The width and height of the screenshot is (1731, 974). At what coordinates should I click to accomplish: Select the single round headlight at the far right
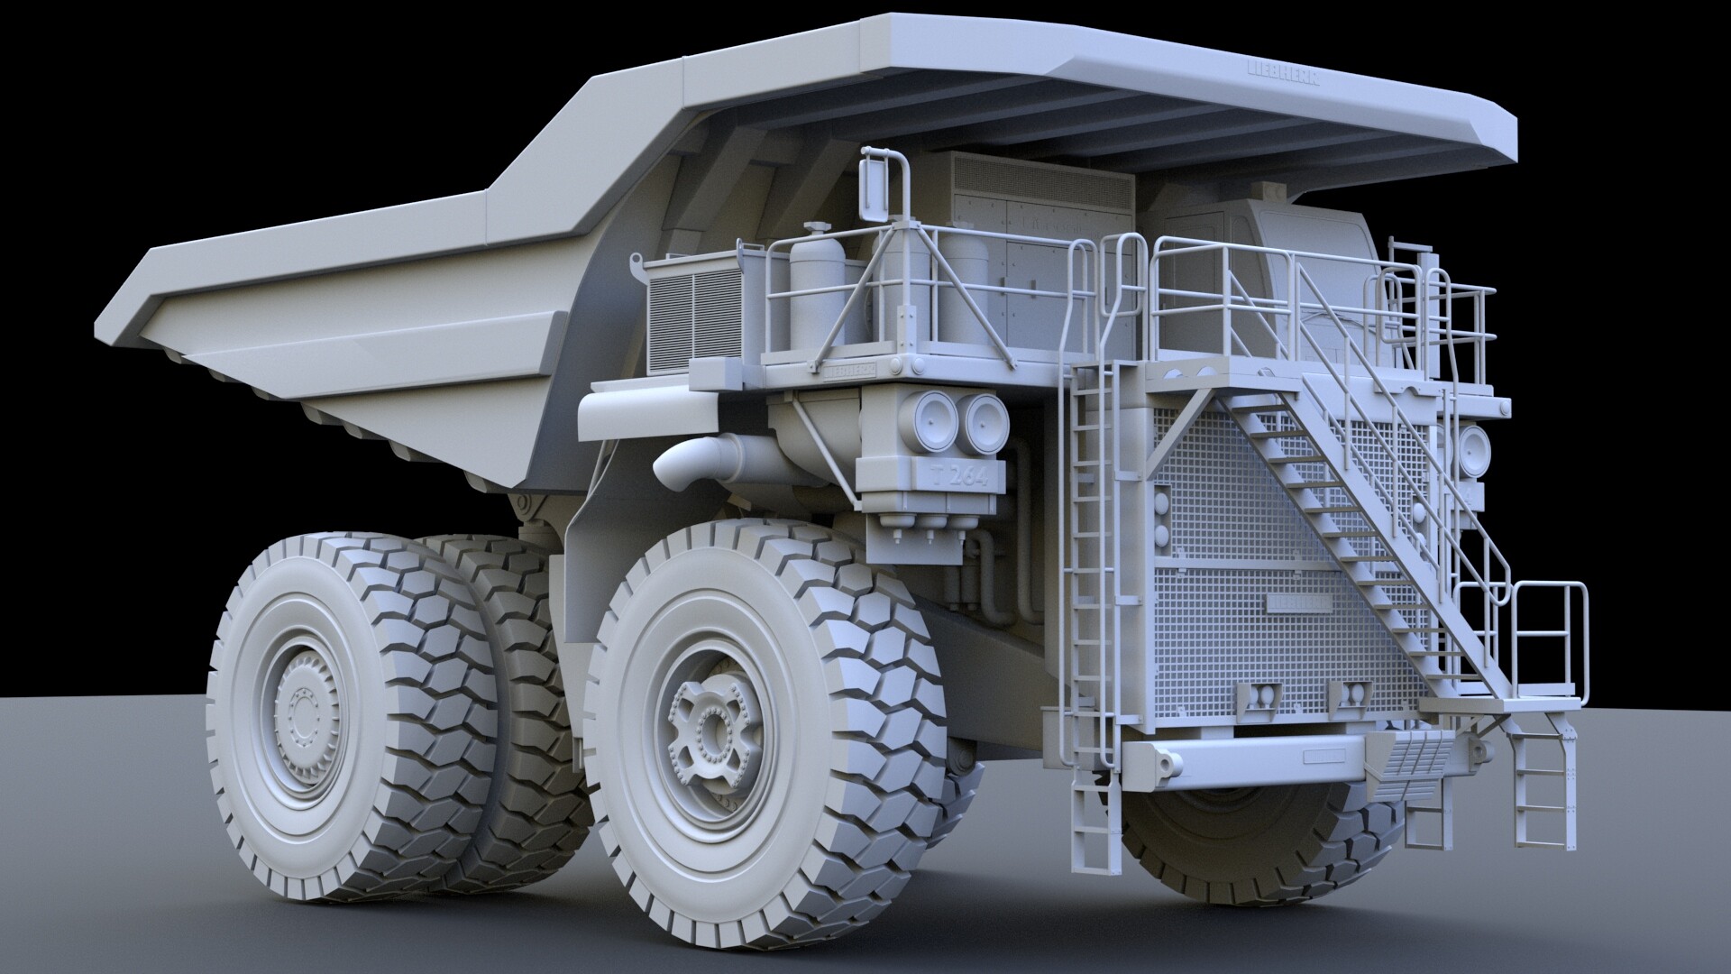pos(1473,448)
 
